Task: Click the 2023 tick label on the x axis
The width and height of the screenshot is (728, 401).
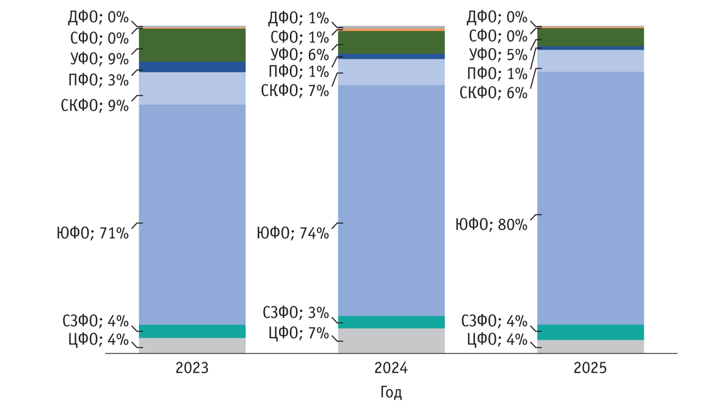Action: tap(192, 368)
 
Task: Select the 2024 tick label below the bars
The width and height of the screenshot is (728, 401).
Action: tap(391, 368)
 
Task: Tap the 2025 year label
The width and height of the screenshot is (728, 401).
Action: tap(590, 368)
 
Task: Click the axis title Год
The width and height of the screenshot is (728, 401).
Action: tap(391, 392)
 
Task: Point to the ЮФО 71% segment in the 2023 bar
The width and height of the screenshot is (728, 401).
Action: tap(192, 214)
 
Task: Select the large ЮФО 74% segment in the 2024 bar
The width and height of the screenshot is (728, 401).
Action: tap(391, 200)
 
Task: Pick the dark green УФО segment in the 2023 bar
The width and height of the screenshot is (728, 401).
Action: tap(192, 45)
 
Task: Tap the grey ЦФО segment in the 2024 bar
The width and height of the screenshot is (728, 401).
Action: tap(391, 340)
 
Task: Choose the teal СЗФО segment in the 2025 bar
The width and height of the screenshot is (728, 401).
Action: tap(590, 332)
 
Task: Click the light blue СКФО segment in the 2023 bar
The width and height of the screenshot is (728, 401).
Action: tap(192, 88)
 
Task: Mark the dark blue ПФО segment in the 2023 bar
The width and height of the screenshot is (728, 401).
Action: tap(192, 67)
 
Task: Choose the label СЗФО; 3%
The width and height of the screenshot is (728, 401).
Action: tap(295, 313)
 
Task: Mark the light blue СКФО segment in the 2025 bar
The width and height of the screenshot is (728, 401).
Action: tap(590, 61)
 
